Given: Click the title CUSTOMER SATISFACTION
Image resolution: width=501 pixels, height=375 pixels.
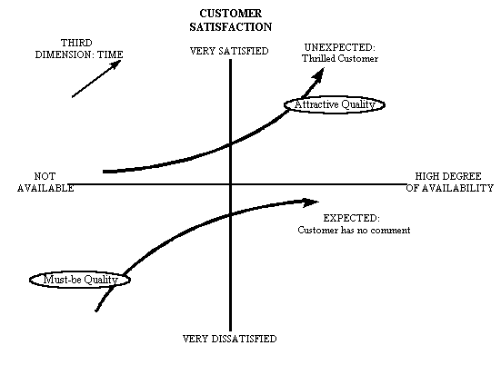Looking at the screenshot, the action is click(231, 20).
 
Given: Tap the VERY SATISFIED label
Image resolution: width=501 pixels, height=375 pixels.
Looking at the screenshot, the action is click(229, 51).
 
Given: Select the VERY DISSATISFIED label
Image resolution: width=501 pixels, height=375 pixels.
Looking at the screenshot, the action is click(230, 339).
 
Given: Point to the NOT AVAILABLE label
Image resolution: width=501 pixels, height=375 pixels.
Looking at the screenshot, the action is click(45, 182).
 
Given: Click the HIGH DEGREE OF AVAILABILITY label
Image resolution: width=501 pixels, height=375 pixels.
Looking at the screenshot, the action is click(450, 182).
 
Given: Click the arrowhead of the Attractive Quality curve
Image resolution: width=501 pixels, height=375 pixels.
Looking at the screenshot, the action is click(318, 74).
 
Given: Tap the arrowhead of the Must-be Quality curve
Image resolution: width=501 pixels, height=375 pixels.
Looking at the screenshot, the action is click(310, 202).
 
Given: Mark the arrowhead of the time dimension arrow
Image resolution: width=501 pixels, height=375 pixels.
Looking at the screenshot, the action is click(116, 64).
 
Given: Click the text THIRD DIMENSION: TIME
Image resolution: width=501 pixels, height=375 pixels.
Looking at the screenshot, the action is click(79, 48).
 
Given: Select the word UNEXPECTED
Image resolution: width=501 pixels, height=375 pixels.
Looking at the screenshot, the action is click(340, 47).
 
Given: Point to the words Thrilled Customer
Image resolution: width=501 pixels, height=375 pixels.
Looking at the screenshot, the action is click(340, 59).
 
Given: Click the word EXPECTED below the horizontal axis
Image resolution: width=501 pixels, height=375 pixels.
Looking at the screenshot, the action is click(352, 218).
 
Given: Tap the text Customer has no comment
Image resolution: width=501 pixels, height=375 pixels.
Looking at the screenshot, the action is click(354, 230).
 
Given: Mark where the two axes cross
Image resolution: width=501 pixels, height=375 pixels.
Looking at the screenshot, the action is click(230, 184).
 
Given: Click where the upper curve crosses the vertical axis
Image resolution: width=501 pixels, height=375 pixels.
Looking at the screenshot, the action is click(230, 144).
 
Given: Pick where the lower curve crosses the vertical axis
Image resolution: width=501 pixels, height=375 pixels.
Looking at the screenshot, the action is click(230, 215).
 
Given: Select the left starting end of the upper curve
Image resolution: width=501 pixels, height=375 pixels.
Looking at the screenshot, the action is click(104, 172).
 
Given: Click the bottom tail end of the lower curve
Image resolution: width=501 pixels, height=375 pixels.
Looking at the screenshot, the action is click(96, 311).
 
